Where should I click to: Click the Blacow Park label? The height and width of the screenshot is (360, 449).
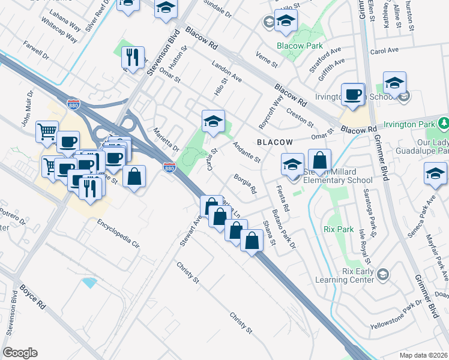coord(300,46)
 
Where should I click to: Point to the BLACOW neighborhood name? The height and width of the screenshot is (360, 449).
coord(275,142)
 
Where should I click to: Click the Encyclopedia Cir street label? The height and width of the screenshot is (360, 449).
coord(118,234)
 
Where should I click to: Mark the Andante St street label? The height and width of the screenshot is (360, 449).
coord(247,152)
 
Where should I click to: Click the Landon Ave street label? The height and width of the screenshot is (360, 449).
coord(226,71)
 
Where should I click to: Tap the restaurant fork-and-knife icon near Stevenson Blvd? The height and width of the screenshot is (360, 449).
coord(131,58)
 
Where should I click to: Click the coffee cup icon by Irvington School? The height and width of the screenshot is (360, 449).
coord(354,94)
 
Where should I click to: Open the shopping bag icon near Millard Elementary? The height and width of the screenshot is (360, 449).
coord(321,160)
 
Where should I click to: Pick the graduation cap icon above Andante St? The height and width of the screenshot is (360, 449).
coord(213,122)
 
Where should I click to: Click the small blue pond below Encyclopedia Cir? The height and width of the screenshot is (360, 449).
coord(91,282)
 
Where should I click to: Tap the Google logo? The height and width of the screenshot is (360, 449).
coord(20,353)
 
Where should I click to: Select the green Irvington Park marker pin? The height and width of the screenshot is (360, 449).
coord(444,124)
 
